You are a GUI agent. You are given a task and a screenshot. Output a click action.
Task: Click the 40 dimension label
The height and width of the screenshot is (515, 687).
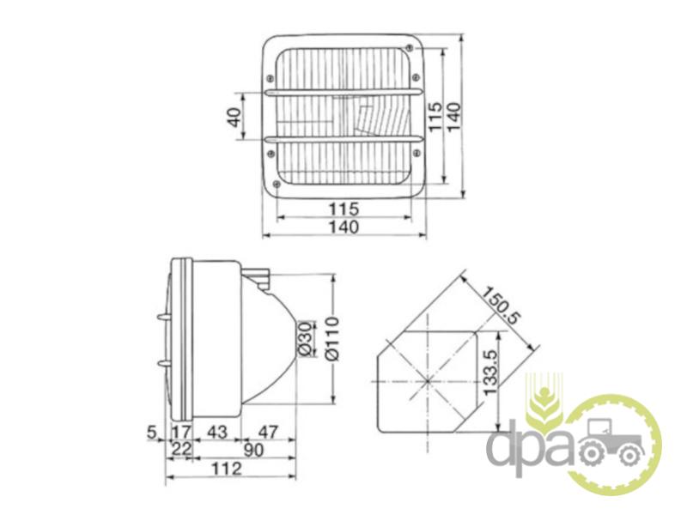235,117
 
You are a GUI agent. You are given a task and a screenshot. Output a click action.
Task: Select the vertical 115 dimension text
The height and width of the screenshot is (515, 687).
435,116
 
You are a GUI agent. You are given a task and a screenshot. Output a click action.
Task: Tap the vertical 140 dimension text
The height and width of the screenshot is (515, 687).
454,116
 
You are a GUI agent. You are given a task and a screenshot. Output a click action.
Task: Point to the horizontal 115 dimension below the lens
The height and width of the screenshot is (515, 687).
343,209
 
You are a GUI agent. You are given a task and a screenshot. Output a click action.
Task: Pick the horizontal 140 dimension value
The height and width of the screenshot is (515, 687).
343,227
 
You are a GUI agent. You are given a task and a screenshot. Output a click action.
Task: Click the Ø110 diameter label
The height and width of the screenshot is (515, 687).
333,338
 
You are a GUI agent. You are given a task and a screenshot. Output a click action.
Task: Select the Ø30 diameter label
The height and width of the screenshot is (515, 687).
306,339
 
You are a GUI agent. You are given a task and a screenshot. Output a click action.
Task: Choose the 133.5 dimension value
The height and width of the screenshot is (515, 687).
490,373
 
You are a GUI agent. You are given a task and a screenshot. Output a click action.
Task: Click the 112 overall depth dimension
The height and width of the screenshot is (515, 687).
227,469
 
